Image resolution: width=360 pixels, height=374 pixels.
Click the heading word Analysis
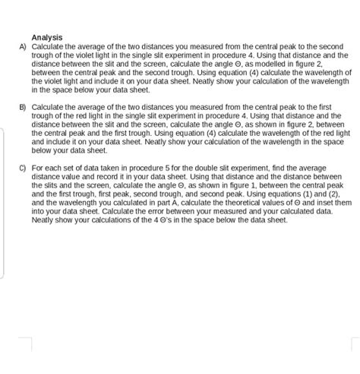tap(46, 37)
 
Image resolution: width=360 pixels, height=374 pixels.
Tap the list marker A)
tap(23, 46)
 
